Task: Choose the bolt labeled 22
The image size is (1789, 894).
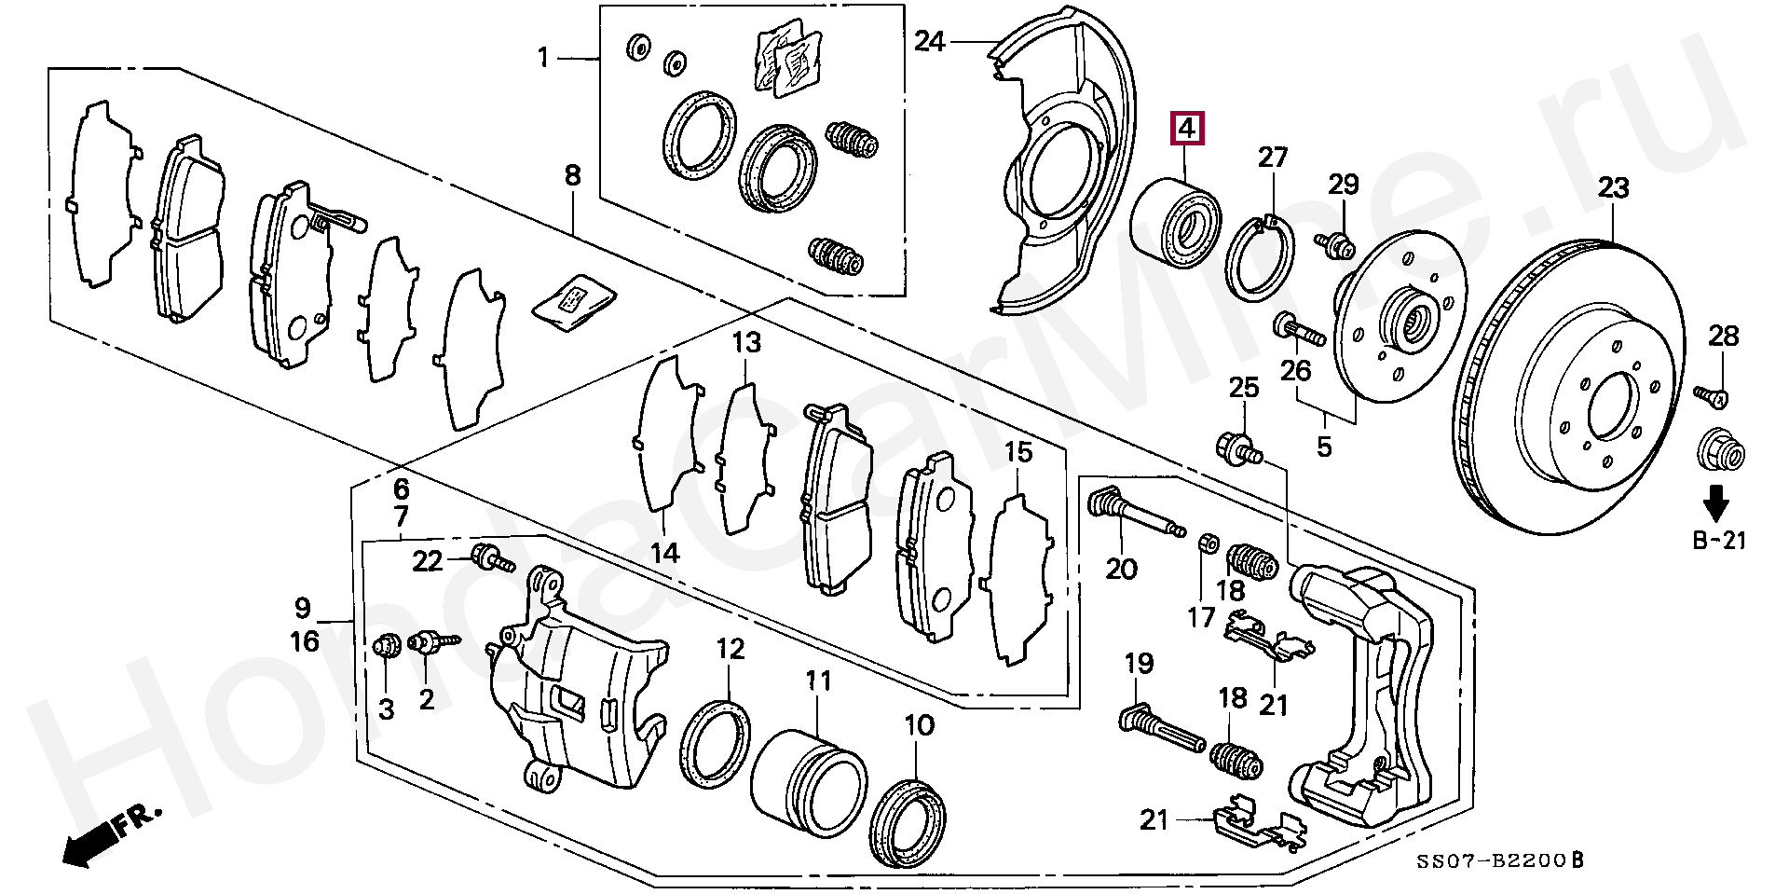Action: coord(491,559)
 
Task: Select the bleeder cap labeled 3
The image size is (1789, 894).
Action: coord(387,645)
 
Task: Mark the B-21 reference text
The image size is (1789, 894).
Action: coord(1719,540)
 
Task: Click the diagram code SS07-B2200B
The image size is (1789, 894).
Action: coord(1500,860)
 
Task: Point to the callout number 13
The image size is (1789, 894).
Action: coord(745,343)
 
